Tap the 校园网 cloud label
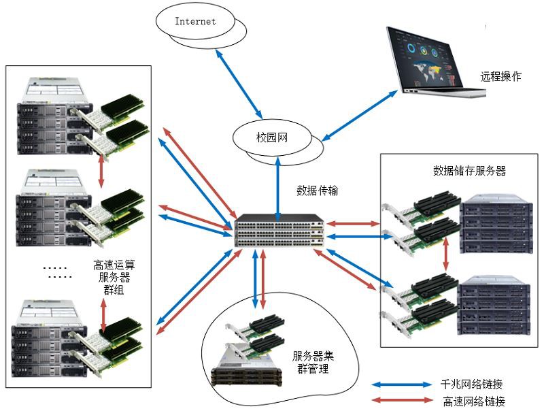[272, 137]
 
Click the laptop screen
[428, 58]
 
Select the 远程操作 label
[500, 77]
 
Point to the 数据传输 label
[318, 191]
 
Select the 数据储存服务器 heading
[469, 170]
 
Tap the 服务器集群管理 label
[313, 362]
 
